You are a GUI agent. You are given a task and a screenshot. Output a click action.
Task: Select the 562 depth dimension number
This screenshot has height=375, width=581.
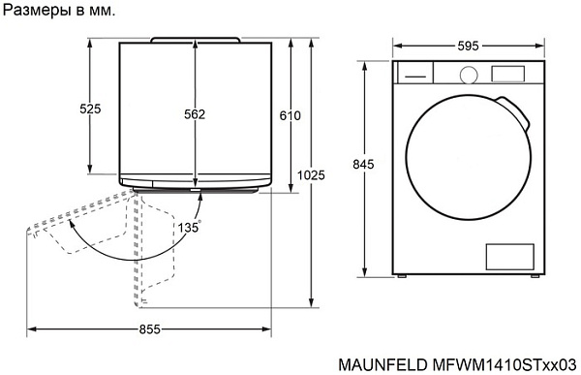[195, 114]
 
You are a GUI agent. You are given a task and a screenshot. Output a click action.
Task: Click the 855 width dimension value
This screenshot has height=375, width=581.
[149, 329]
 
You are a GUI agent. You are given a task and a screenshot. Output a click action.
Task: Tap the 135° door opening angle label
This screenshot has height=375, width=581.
[189, 227]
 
